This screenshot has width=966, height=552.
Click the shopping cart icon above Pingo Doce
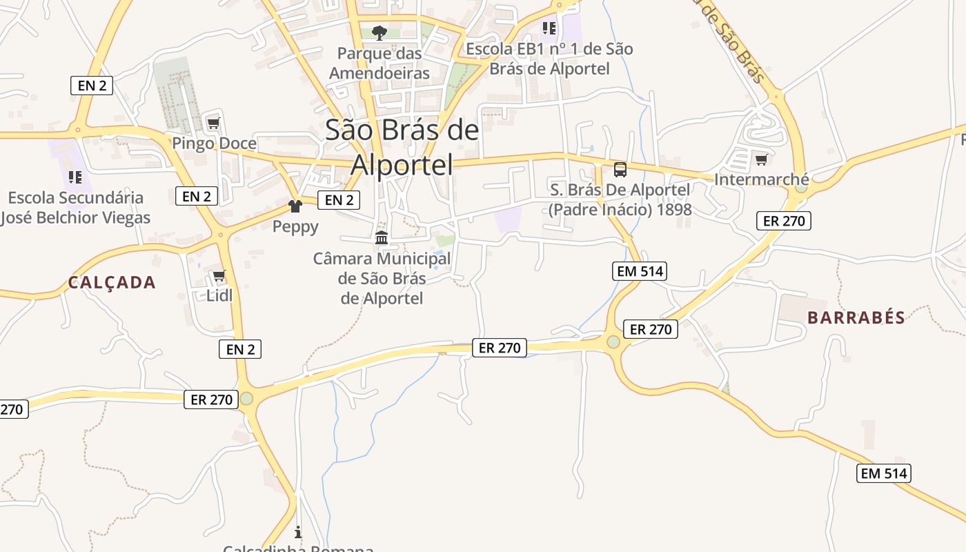(x=213, y=124)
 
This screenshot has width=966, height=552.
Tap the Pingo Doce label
(x=214, y=144)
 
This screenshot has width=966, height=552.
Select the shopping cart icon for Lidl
(x=219, y=276)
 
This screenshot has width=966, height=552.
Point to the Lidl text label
(x=219, y=295)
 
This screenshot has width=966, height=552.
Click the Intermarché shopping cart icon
(x=761, y=159)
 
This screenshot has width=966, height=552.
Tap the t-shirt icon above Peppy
(x=295, y=206)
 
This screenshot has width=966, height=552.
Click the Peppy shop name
(x=295, y=226)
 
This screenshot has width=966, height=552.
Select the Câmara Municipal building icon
(x=382, y=238)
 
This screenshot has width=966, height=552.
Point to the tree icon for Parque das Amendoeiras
(x=379, y=32)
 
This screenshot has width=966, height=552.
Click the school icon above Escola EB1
(x=549, y=28)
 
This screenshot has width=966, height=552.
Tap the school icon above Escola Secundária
(x=75, y=177)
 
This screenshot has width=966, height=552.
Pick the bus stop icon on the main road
(x=620, y=169)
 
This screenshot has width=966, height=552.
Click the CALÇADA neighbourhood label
(x=112, y=282)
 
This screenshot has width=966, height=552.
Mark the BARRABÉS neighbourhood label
(x=856, y=317)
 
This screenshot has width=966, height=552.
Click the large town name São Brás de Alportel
(x=402, y=147)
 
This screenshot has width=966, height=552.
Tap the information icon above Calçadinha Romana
(x=298, y=532)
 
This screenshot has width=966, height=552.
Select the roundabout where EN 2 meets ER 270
(x=246, y=398)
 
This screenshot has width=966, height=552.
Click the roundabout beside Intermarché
(x=801, y=186)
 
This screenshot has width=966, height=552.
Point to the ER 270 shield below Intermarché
(x=783, y=221)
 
